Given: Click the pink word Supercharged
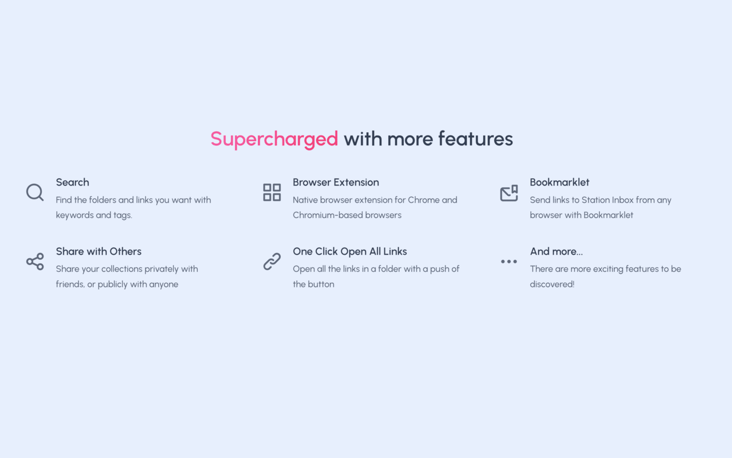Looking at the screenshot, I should click(x=274, y=139).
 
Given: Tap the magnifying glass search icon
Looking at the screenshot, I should click(x=35, y=192).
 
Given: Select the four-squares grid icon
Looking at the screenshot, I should click(x=272, y=192).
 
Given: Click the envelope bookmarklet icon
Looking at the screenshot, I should click(x=509, y=193).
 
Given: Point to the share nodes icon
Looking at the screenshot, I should click(x=35, y=262).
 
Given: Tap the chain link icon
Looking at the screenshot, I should click(x=272, y=262).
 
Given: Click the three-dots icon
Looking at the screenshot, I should click(x=509, y=262).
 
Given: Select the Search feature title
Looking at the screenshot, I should click(x=73, y=183).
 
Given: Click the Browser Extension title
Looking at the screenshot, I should click(x=336, y=183).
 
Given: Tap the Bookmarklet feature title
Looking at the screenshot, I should click(x=559, y=183).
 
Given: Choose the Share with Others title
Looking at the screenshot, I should click(x=98, y=251).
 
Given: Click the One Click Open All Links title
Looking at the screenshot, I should click(x=350, y=251).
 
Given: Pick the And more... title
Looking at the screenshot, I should click(x=556, y=251).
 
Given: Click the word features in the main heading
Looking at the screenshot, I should click(x=475, y=139).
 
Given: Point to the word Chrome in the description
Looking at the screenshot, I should click(x=424, y=200).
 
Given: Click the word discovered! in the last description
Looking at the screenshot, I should click(x=552, y=285).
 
